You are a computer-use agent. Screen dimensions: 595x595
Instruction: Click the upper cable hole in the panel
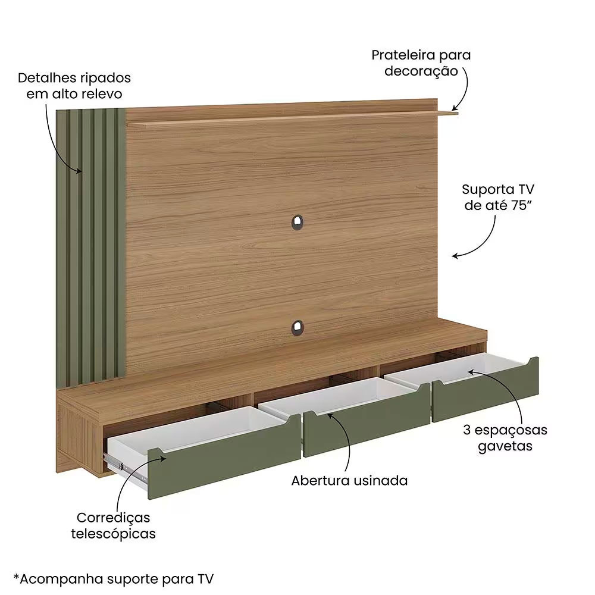pyautogui.click(x=297, y=223)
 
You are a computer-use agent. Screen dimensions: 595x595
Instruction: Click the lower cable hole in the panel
pyautogui.click(x=297, y=328)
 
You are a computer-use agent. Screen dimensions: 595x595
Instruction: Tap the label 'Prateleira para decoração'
pyautogui.click(x=421, y=63)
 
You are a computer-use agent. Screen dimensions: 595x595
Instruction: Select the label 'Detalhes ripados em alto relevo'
pyautogui.click(x=74, y=86)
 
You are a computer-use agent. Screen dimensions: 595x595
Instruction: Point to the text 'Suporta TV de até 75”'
pyautogui.click(x=498, y=198)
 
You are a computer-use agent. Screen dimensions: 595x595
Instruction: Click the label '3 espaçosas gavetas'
pyautogui.click(x=505, y=437)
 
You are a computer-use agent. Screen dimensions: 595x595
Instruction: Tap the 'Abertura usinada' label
pyautogui.click(x=349, y=481)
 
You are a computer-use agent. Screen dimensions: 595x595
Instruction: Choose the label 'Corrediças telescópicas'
pyautogui.click(x=114, y=525)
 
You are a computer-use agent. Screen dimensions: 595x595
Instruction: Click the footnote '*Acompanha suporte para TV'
pyautogui.click(x=114, y=579)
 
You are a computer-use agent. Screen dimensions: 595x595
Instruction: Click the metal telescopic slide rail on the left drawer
pyautogui.click(x=125, y=469)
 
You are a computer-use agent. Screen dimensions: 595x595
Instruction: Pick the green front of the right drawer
pyautogui.click(x=486, y=389)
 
